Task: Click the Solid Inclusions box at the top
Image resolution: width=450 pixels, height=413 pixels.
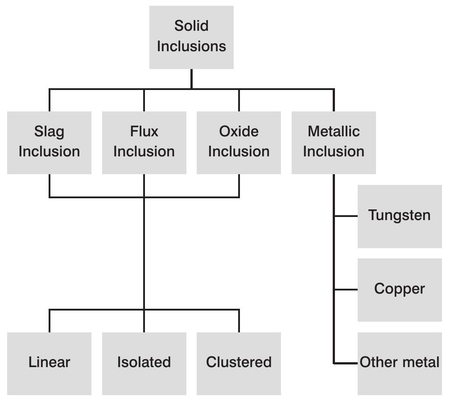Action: point(191,37)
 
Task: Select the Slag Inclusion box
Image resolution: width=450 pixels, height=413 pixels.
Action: point(49,143)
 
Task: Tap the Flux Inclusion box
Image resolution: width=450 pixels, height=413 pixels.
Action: point(144,143)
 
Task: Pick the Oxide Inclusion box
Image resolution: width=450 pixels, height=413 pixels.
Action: point(239,143)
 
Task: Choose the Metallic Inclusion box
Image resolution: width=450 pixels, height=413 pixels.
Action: point(334,143)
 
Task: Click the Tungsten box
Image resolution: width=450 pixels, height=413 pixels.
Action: point(400,216)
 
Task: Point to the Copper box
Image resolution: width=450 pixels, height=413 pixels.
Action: point(400,290)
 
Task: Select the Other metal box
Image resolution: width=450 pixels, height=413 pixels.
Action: point(400,363)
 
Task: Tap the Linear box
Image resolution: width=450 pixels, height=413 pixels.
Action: point(49,363)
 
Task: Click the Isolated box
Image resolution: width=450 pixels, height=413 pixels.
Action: point(144,363)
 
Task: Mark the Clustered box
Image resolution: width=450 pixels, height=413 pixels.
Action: point(239,363)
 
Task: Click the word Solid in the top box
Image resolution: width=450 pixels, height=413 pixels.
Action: point(191,26)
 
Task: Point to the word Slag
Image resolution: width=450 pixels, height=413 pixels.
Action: point(49,131)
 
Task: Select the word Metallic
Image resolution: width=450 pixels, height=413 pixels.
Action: point(334,131)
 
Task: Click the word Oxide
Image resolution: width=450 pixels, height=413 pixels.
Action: point(239,131)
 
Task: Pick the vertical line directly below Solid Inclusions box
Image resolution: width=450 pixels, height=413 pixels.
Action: point(191,79)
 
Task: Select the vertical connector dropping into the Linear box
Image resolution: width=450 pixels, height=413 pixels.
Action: point(49,321)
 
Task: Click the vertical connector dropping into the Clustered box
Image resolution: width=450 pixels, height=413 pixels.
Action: point(239,321)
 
